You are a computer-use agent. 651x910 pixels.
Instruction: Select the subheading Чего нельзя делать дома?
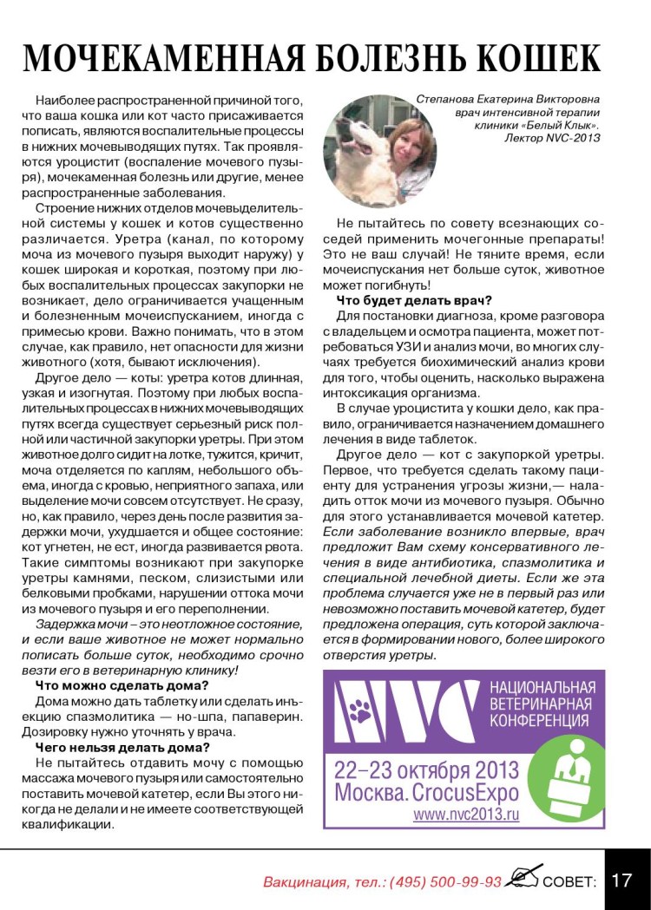pos(122,747)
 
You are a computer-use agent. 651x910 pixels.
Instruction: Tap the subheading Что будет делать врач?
pos(415,300)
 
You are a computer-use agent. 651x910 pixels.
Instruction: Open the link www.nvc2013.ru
pos(465,815)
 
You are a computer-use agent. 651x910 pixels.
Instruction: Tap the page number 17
pos(621,881)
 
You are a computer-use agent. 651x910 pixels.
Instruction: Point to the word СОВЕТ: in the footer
pos(569,881)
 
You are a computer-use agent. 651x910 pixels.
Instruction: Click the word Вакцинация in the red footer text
pos(304,881)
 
